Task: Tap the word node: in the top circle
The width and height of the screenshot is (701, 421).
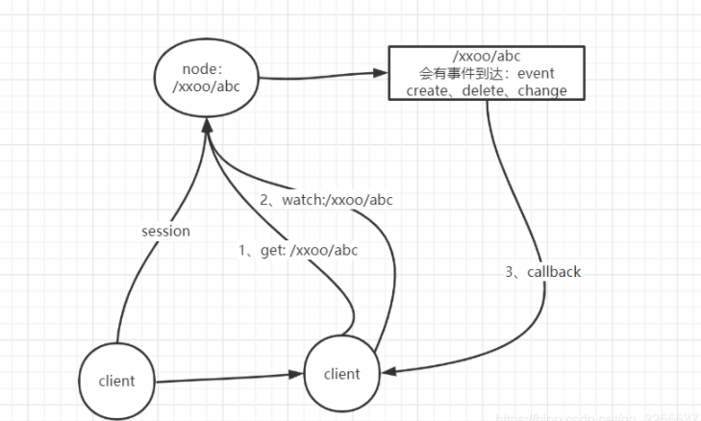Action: click(202, 69)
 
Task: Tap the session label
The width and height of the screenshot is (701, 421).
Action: click(165, 231)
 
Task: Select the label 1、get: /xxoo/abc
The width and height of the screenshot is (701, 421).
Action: click(298, 250)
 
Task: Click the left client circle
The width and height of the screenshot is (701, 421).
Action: click(117, 381)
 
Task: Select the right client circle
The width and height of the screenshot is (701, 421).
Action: click(342, 373)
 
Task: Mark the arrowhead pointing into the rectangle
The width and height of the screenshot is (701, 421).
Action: click(380, 72)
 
